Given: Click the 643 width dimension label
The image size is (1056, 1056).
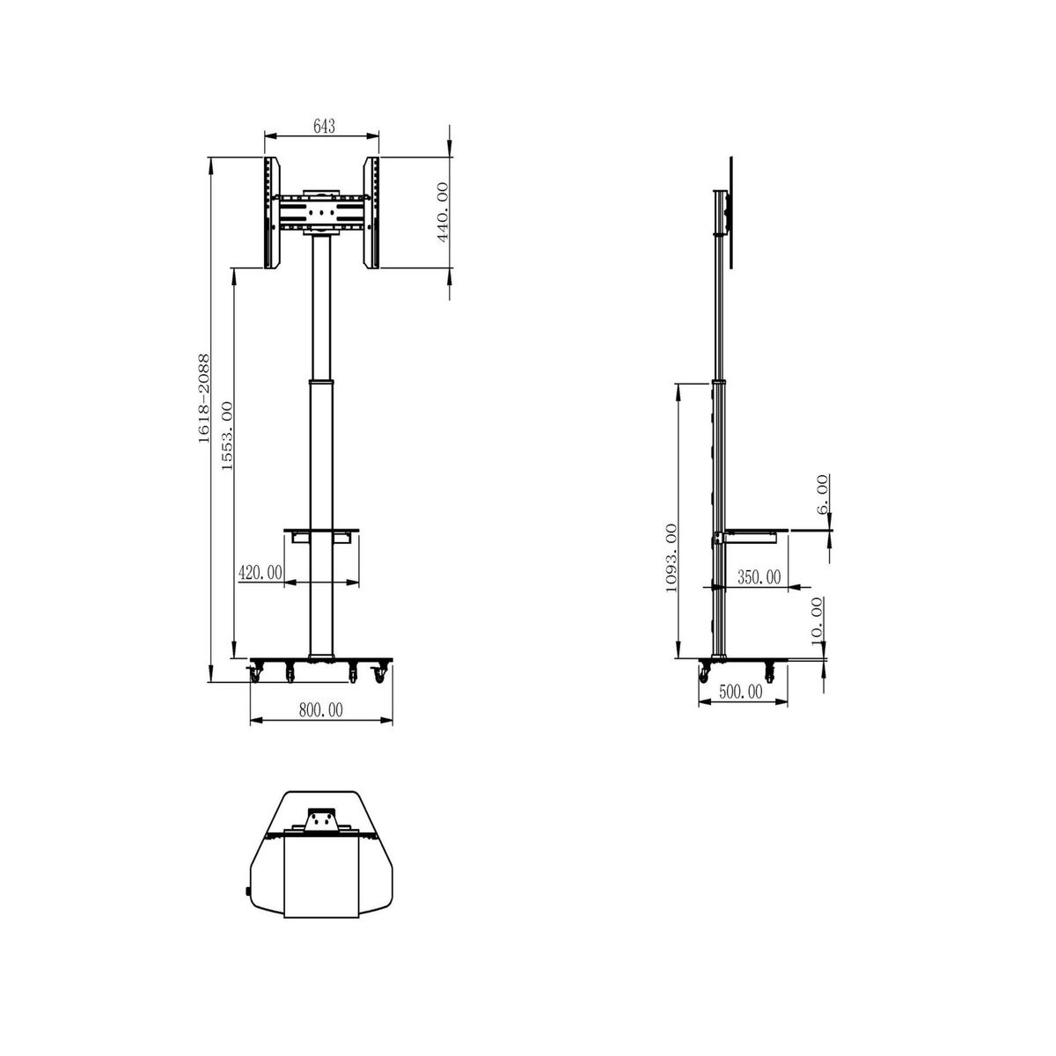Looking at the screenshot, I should point(323,127).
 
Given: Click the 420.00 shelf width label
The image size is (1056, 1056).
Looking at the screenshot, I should point(260,573).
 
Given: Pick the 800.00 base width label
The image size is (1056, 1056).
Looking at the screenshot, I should point(321,709).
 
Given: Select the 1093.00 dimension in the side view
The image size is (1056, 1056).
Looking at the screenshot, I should point(671,560).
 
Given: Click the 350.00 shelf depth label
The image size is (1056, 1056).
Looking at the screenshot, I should point(759,577).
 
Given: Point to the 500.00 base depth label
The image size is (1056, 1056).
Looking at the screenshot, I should point(740,692).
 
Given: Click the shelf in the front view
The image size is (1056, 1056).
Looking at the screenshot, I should point(321,532).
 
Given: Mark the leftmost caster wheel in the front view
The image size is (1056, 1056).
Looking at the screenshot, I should point(257,673).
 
